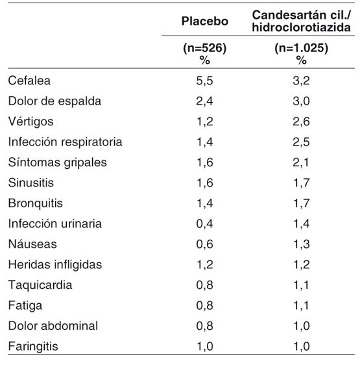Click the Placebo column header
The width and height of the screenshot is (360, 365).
tap(205, 21)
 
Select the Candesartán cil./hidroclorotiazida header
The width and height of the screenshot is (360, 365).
tap(302, 21)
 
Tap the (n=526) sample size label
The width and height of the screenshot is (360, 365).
tap(205, 48)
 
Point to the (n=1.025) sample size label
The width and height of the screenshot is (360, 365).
tap(302, 48)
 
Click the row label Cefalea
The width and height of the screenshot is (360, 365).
tap(29, 81)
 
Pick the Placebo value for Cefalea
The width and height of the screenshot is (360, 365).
tap(204, 81)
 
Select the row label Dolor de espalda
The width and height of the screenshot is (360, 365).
tap(54, 101)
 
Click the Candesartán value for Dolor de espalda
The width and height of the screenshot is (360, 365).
tap(301, 101)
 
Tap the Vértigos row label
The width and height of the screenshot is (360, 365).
tap(31, 121)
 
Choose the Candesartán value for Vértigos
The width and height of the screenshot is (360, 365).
tap(301, 121)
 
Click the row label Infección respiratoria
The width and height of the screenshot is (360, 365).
tap(65, 142)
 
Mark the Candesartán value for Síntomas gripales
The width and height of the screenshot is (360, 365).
tap(301, 162)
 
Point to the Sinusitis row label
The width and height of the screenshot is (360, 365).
tap(31, 182)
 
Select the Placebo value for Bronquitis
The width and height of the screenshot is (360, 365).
tap(205, 203)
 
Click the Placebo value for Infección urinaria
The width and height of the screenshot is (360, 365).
tap(204, 224)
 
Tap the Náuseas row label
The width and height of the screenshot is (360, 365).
tap(32, 244)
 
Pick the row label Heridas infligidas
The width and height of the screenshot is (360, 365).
tap(55, 264)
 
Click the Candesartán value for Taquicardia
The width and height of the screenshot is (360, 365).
tap(301, 285)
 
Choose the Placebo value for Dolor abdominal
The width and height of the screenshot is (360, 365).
tap(204, 326)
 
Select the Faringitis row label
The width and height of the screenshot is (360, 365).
tap(33, 346)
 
